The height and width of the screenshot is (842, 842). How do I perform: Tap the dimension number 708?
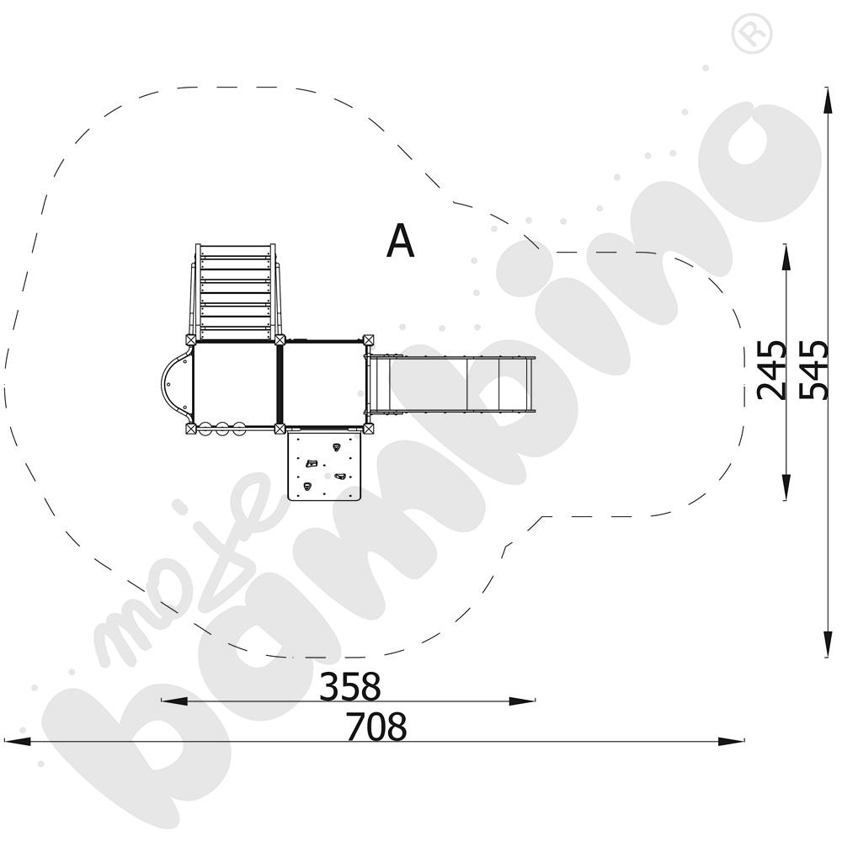[376, 727]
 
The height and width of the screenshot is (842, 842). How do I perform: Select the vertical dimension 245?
[771, 370]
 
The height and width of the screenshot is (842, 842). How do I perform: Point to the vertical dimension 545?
[812, 370]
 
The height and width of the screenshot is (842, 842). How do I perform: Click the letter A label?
[401, 242]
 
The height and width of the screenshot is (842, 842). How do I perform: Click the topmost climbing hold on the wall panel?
[336, 447]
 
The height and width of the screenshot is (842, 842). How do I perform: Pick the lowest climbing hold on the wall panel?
[307, 487]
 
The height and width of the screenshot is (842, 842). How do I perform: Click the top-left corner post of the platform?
[191, 340]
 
